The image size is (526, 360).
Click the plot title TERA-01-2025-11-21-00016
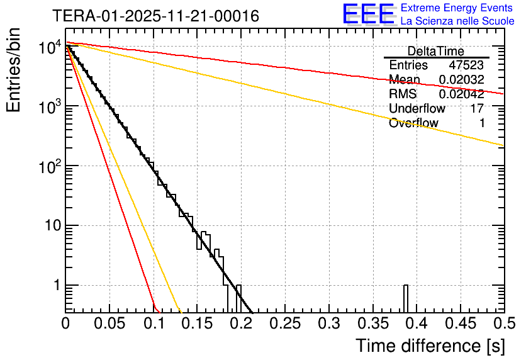(x=155, y=16)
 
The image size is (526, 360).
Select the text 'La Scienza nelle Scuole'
(x=457, y=21)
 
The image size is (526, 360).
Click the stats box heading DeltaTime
(x=435, y=51)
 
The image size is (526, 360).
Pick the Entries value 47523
(x=466, y=65)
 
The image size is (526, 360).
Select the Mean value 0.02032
(x=461, y=80)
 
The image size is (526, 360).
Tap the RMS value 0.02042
(x=461, y=94)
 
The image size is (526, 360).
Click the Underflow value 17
(x=477, y=109)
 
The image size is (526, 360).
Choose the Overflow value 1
(x=481, y=123)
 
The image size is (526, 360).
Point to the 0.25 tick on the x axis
(x=284, y=323)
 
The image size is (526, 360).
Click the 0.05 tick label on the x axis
(x=109, y=323)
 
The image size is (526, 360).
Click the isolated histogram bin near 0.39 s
(x=405, y=298)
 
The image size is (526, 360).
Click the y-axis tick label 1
(x=56, y=286)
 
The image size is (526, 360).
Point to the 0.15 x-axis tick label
(x=197, y=323)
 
